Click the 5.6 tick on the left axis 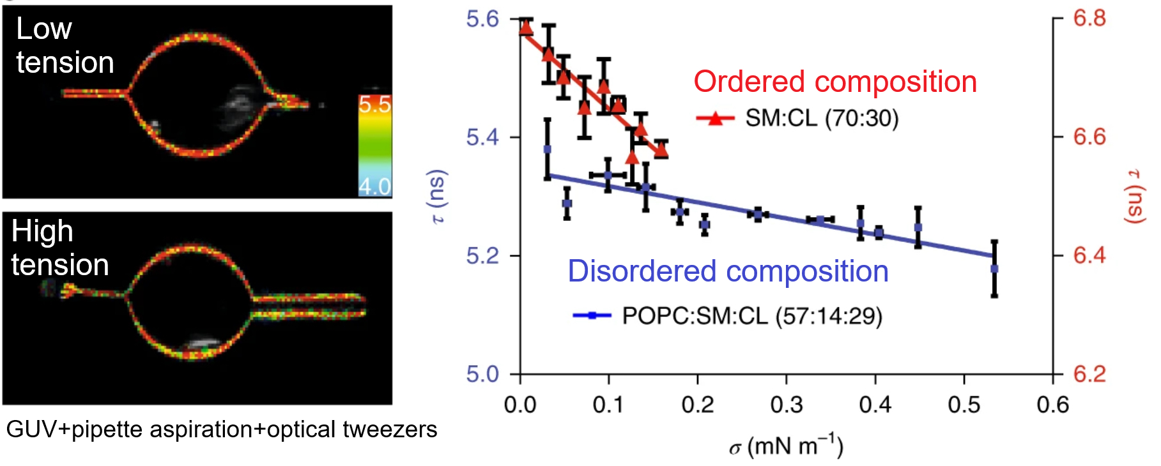[482, 19]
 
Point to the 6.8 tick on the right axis [1089, 19]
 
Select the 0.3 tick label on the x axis [786, 405]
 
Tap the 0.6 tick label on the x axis [1052, 405]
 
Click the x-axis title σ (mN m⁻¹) [786, 446]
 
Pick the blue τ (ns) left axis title [438, 196]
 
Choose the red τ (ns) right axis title [1134, 196]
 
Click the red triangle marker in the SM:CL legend [715, 118]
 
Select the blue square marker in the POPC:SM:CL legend [592, 315]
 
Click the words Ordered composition [834, 82]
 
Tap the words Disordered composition [728, 271]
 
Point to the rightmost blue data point [994, 269]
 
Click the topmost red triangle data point [526, 27]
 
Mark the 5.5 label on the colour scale [374, 104]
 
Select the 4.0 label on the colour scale [374, 186]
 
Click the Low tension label [65, 46]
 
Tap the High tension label [59, 248]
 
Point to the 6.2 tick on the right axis [1089, 373]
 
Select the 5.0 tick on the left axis [482, 374]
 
